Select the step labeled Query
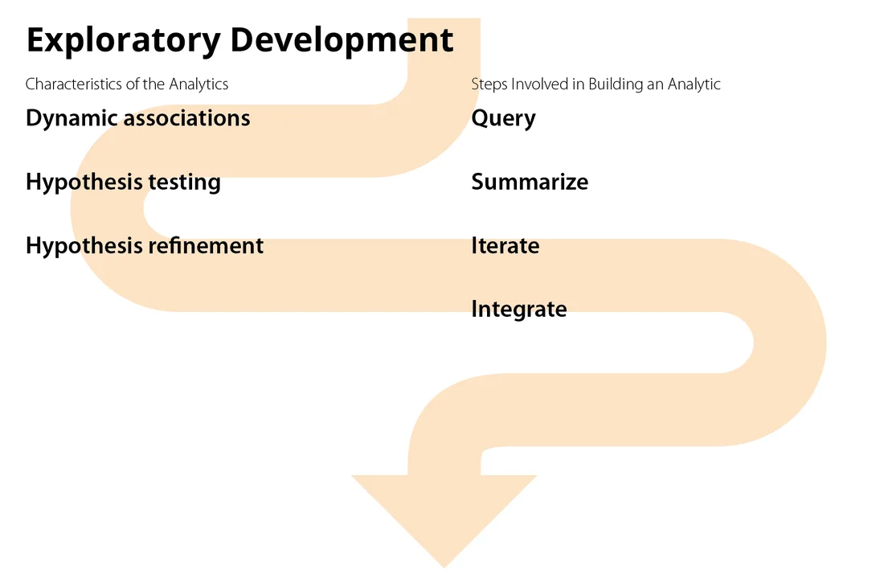point(503,119)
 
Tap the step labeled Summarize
point(529,183)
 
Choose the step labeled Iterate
point(505,245)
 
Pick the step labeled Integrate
point(518,310)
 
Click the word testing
point(185,183)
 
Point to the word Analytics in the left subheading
point(198,84)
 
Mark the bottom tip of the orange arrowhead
point(444,566)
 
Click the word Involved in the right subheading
point(538,84)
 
